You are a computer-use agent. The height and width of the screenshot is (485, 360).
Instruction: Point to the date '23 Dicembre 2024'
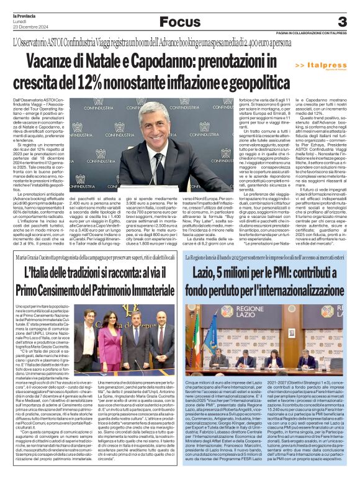coord(30,27)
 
